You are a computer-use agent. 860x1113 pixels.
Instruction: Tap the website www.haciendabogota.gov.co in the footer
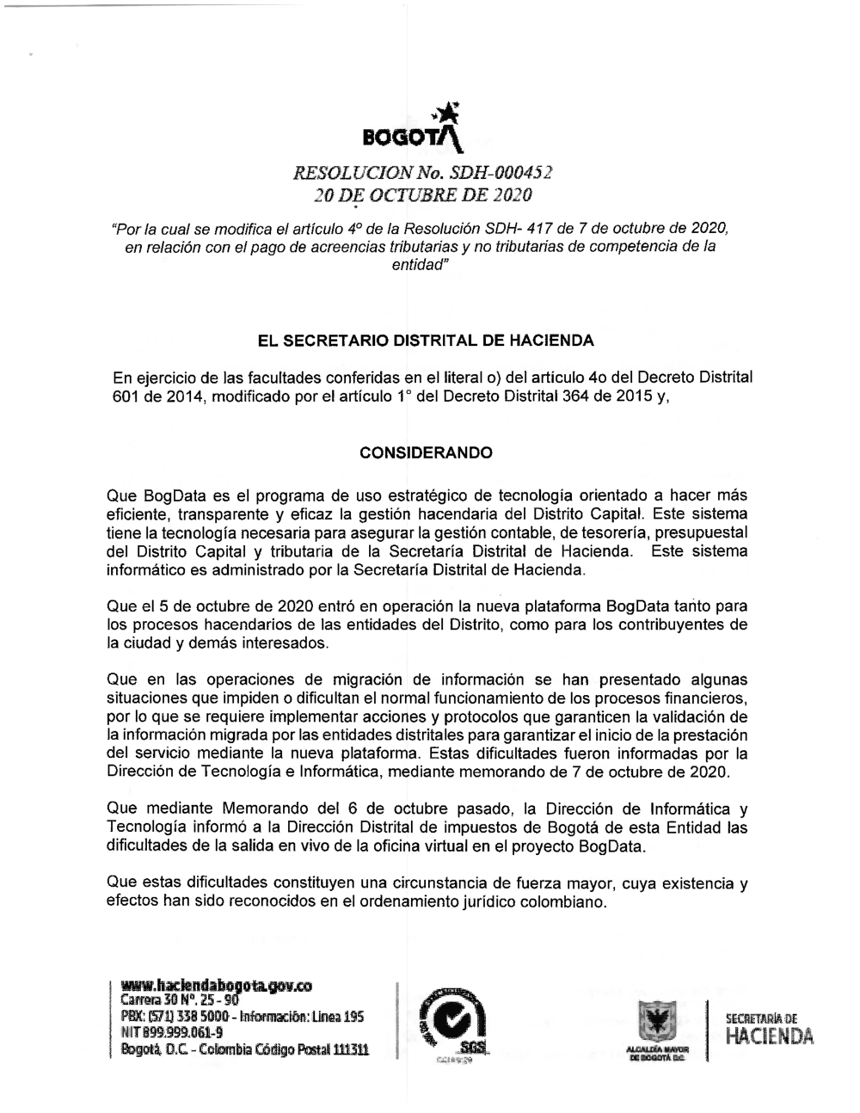(x=216, y=985)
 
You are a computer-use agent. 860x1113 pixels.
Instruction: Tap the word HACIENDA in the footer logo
(x=769, y=1038)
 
